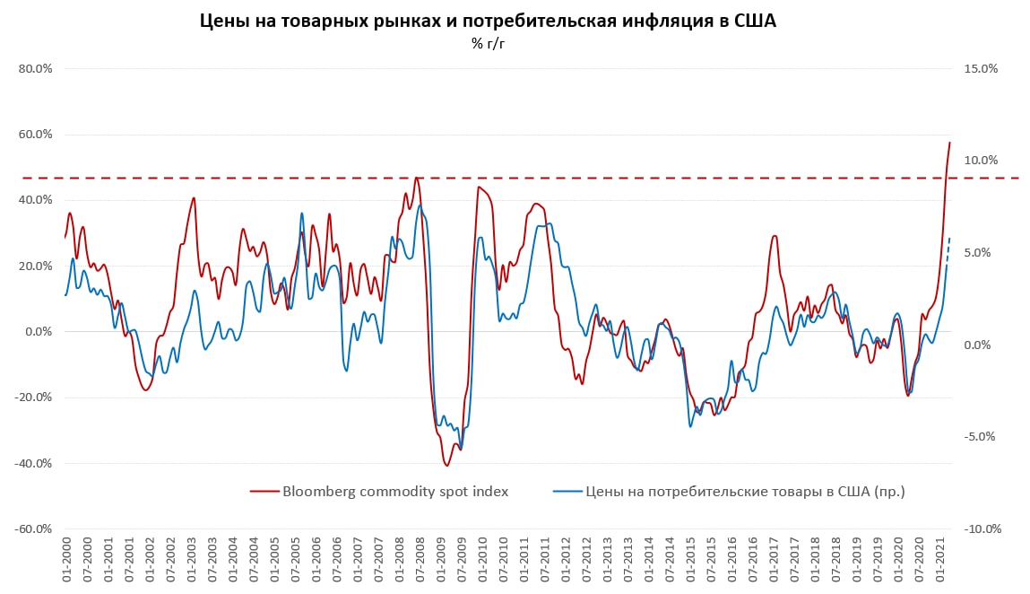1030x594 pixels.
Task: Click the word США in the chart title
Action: click(x=752, y=21)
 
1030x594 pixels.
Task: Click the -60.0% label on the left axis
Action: click(x=31, y=529)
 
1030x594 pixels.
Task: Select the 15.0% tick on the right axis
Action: click(x=981, y=69)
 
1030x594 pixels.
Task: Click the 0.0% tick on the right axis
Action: click(x=977, y=345)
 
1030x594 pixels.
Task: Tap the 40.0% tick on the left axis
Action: click(x=33, y=200)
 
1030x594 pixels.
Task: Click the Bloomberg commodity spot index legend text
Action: click(x=395, y=491)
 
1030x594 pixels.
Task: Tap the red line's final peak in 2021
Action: click(x=949, y=143)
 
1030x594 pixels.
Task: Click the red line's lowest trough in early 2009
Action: click(x=446, y=465)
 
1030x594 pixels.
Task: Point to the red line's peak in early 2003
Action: click(x=194, y=198)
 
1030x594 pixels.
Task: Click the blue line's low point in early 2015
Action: click(x=690, y=425)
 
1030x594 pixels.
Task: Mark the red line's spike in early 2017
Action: click(x=775, y=236)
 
